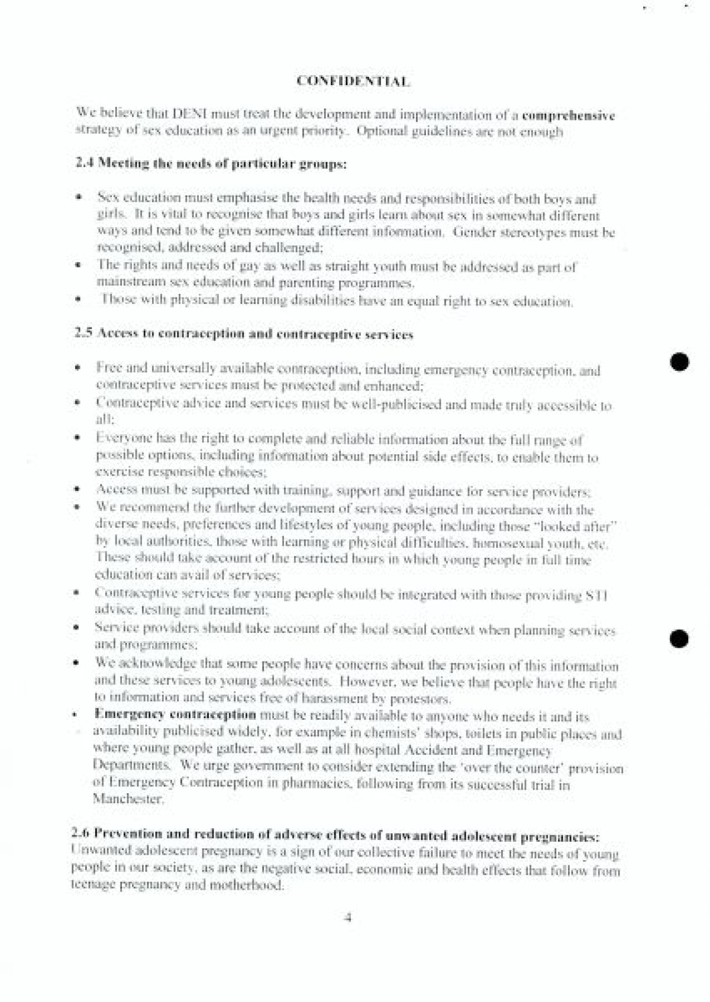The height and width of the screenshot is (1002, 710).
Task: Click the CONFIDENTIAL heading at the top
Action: (353, 81)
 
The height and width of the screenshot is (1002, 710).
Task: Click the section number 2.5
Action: (83, 333)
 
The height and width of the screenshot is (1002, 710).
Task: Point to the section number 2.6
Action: (81, 834)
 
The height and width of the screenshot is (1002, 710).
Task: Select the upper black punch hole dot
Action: (680, 361)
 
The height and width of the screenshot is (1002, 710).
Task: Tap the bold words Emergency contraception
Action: (175, 715)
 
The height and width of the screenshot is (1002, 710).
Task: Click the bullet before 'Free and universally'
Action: (78, 368)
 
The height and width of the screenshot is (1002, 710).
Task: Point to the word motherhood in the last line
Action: (244, 885)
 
